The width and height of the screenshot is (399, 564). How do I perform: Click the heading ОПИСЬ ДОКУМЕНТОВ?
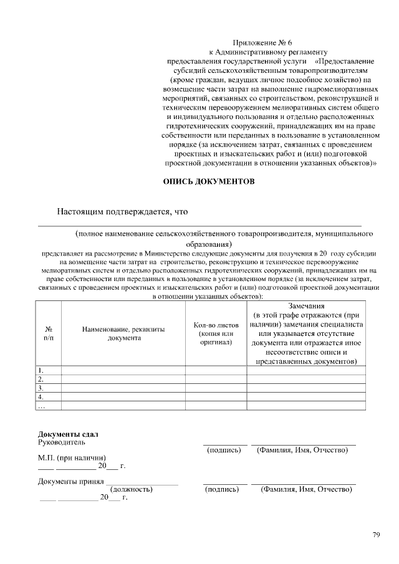pyautogui.click(x=208, y=182)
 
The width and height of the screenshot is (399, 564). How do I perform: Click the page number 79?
pyautogui.click(x=376, y=534)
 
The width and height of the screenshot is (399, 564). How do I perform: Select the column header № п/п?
pyautogui.click(x=48, y=333)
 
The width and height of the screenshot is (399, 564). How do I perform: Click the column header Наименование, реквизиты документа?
pyautogui.click(x=123, y=333)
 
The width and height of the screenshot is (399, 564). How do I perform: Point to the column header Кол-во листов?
pyautogui.click(x=216, y=325)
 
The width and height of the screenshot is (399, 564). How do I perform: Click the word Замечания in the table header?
pyautogui.click(x=306, y=306)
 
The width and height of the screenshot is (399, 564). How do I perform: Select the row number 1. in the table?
pyautogui.click(x=41, y=370)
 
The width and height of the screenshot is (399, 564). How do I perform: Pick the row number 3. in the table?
pyautogui.click(x=41, y=388)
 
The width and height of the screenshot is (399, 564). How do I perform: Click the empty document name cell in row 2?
pyautogui.click(x=123, y=379)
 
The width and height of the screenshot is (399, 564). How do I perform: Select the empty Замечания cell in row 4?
pyautogui.click(x=306, y=396)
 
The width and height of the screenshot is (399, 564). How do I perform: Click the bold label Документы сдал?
pyautogui.click(x=69, y=434)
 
